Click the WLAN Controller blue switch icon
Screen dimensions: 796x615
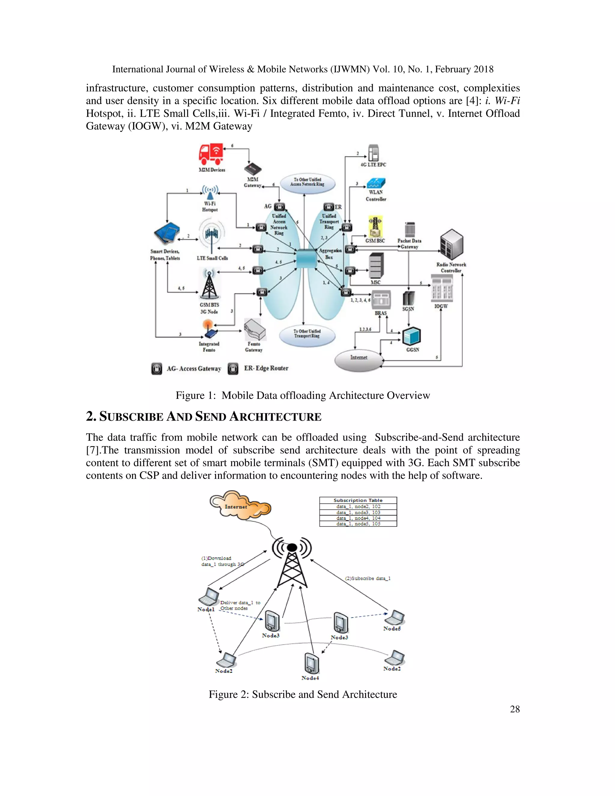376,183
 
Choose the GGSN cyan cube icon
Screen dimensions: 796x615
412,336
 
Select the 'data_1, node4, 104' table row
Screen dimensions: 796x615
358,518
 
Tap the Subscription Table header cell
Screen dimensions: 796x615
358,500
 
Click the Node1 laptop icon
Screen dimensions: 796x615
209,597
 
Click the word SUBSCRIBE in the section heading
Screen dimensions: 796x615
131,417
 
